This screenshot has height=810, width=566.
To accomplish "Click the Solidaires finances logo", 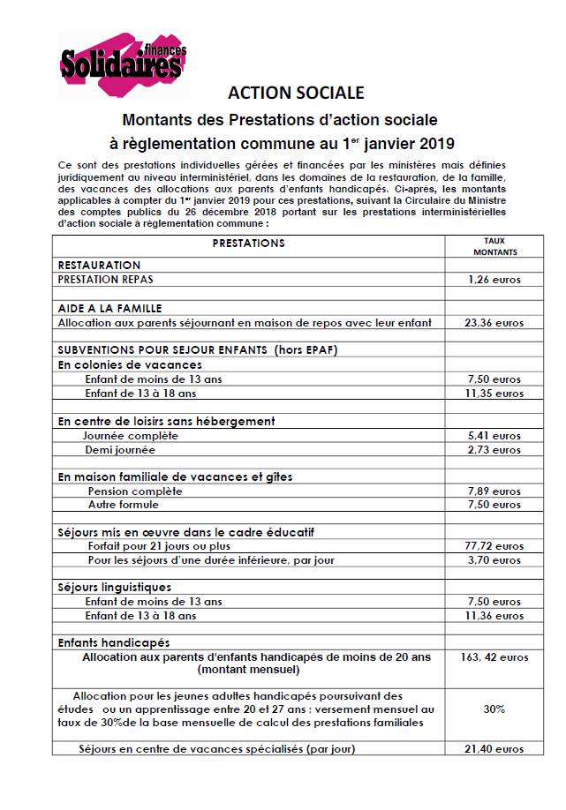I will [x=124, y=63].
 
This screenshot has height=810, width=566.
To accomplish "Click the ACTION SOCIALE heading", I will [x=295, y=94].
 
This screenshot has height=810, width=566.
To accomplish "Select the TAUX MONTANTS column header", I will [x=494, y=246].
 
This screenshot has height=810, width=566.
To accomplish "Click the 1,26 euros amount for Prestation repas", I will [x=494, y=280].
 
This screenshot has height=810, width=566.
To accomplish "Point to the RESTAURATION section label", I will [x=99, y=265].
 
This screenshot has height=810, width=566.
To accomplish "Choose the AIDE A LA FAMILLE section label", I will [x=109, y=308].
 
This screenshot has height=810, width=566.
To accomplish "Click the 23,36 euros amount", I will [x=494, y=323].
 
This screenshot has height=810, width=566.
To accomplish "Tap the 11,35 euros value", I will [x=494, y=394].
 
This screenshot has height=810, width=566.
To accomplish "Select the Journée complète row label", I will [x=131, y=436].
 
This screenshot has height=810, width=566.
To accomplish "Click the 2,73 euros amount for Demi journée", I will [x=494, y=450].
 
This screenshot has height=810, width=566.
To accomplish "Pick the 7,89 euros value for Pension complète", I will [x=494, y=491].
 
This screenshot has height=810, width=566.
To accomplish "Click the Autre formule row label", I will [x=124, y=505].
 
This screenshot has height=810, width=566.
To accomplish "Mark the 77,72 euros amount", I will [x=494, y=546].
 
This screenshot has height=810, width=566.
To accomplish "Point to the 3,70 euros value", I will [x=494, y=560].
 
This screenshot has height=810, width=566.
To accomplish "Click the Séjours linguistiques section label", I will [x=115, y=587].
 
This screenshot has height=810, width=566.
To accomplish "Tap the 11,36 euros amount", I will [x=494, y=616].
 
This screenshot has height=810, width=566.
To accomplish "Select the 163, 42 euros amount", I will [x=494, y=657].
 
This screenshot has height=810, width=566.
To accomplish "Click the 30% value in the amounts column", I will [x=494, y=709].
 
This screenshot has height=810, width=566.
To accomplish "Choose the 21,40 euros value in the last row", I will [x=494, y=749].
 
